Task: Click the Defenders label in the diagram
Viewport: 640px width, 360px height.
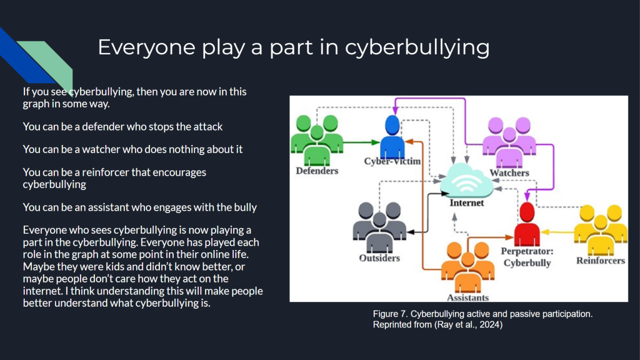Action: tap(317, 171)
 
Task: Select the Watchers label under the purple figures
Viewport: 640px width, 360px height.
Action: tap(509, 172)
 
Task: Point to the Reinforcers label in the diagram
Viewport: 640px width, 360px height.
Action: tap(600, 260)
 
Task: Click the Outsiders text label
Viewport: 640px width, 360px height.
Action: tap(379, 257)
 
